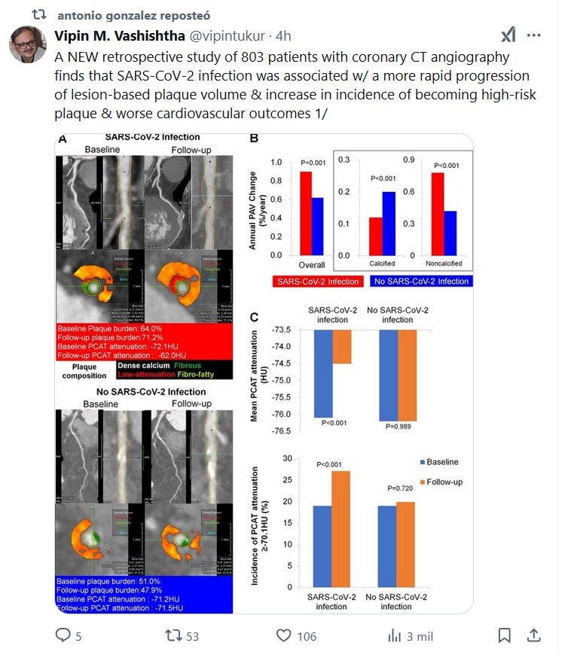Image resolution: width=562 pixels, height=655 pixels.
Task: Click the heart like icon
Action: [x=283, y=636]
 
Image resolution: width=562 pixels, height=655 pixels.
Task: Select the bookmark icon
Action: [x=505, y=636]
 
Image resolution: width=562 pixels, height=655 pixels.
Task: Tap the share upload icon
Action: [x=533, y=636]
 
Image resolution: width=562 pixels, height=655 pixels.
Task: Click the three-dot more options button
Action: [x=534, y=35]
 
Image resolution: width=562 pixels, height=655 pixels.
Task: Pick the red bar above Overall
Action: [x=306, y=213]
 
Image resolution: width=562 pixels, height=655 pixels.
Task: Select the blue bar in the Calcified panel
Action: [x=389, y=223]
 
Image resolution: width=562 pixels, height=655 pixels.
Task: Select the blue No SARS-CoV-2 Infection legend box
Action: [x=420, y=281]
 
